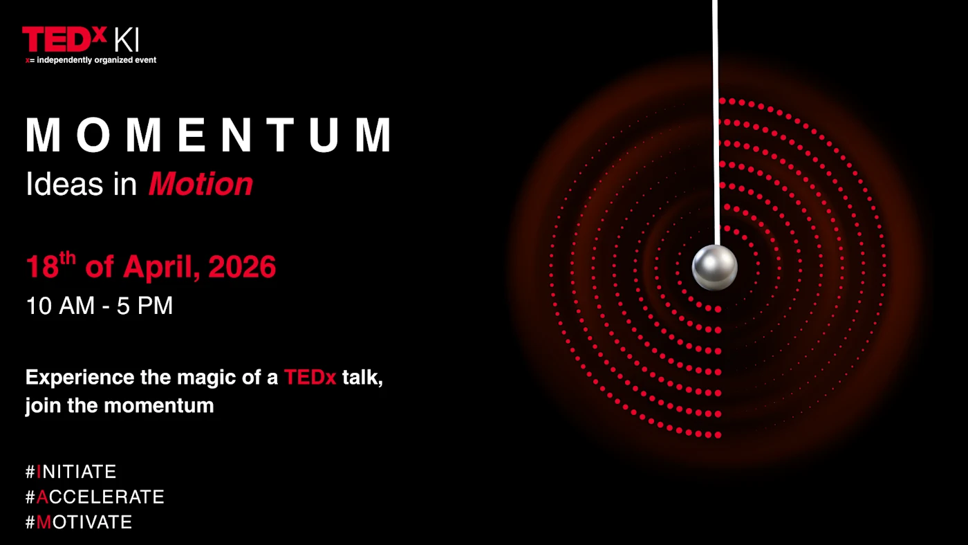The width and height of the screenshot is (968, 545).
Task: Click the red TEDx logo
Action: (x=64, y=39)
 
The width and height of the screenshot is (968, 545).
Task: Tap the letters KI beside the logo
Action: (x=127, y=41)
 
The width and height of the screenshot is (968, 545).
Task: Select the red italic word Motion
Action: (x=201, y=185)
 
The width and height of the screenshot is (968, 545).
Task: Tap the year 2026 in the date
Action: (x=242, y=268)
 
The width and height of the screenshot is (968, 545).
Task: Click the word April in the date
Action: (x=159, y=268)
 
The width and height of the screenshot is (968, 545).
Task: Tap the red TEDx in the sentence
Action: (x=310, y=378)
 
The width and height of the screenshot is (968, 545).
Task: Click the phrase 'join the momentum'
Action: (x=120, y=405)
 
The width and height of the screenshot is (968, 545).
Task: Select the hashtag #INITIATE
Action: (x=71, y=472)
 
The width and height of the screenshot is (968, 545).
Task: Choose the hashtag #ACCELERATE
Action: (x=95, y=497)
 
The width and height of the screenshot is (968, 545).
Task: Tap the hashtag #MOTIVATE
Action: (x=79, y=521)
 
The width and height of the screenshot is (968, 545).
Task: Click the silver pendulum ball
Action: (x=715, y=267)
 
